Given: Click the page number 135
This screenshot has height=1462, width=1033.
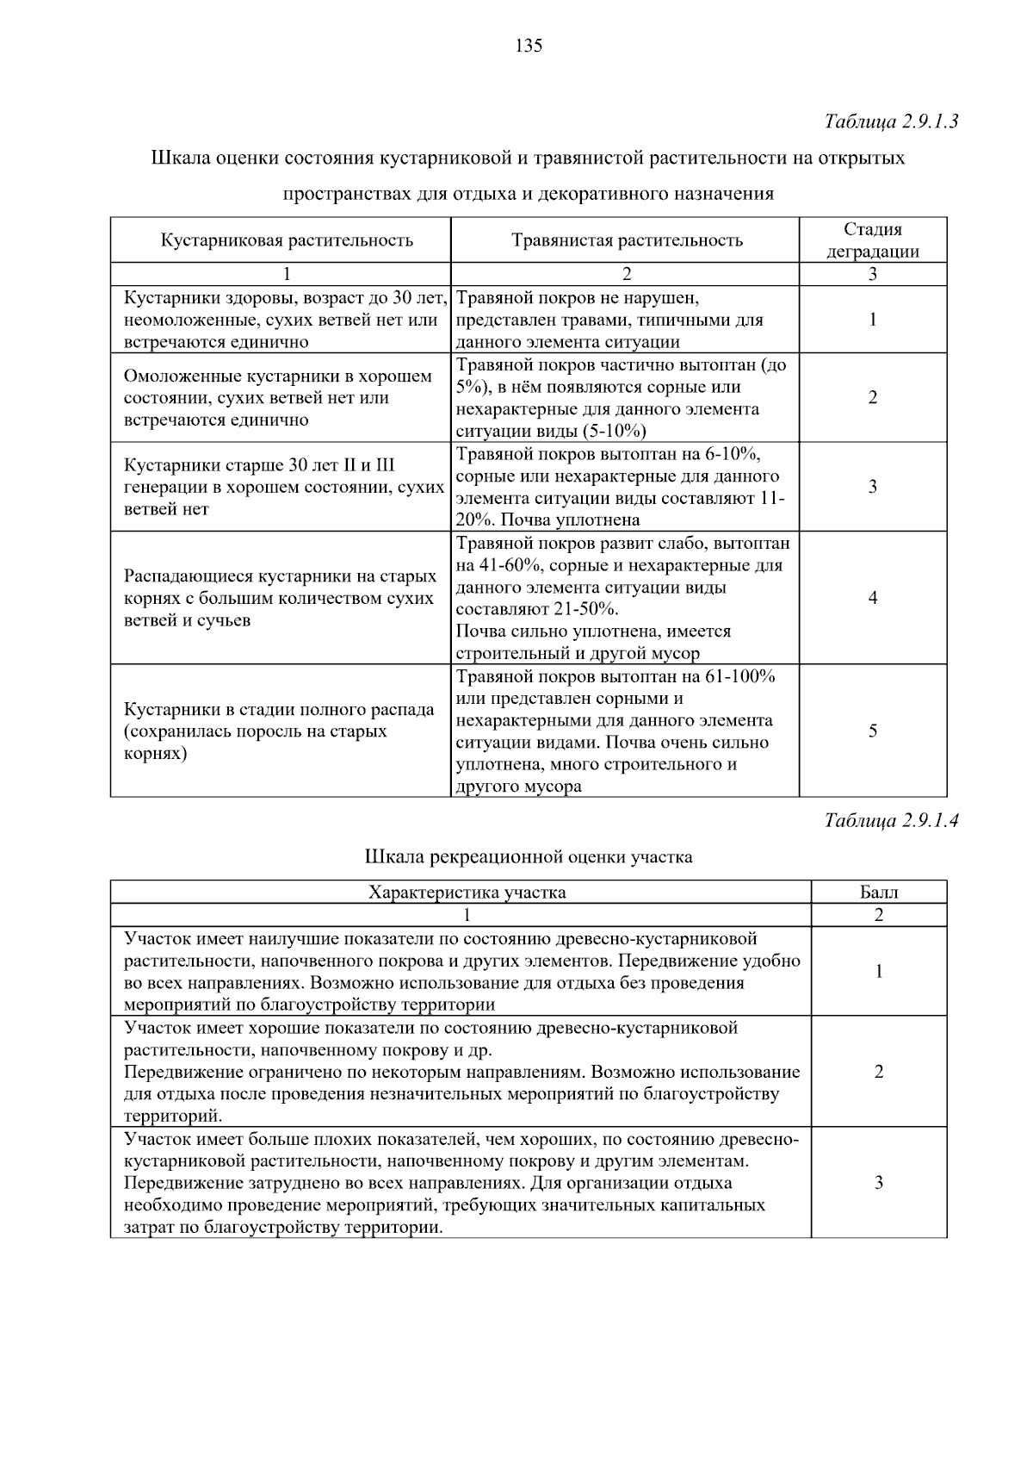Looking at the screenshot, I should tap(529, 47).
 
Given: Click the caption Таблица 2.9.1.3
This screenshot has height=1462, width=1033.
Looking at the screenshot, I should tap(891, 121).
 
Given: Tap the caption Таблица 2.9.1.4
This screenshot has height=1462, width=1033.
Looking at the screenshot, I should tap(891, 820).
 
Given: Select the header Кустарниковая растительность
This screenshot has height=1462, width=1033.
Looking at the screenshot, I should tap(287, 240).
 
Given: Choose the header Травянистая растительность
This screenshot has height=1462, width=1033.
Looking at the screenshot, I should tap(627, 240).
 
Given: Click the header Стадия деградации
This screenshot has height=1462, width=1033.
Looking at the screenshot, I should tap(872, 240).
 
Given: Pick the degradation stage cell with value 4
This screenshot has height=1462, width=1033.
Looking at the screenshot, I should tap(872, 598).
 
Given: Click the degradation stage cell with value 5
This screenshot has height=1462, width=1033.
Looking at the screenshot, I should tap(872, 731).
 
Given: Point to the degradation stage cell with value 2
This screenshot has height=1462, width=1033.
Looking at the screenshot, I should tap(872, 398).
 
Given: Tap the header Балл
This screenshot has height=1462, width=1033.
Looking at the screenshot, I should tap(878, 893).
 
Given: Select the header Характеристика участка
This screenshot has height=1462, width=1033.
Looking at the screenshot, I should tap(467, 893).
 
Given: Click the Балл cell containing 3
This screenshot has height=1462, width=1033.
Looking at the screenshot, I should tap(878, 1183).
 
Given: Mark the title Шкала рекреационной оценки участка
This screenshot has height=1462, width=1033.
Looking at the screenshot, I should tap(529, 857).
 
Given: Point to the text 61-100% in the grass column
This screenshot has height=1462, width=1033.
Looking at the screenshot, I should tap(741, 676).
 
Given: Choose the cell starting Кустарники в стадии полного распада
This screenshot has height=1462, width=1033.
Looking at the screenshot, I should tap(280, 731).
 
